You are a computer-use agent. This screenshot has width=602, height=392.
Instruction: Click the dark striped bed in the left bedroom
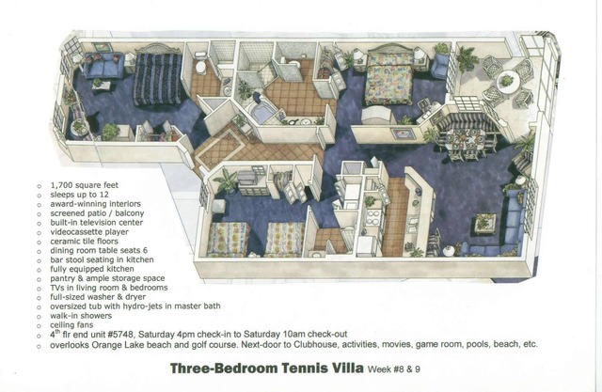point(157,78)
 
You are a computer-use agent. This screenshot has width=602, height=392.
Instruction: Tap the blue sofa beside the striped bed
point(104,67)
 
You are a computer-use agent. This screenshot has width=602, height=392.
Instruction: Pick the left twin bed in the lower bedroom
point(228,239)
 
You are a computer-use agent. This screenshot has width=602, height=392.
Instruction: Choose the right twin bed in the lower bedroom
point(284,239)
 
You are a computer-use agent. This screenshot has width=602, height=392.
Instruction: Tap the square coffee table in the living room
point(485,223)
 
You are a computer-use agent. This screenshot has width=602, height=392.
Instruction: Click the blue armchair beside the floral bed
point(438,65)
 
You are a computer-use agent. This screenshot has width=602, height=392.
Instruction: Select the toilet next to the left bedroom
point(200,67)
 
